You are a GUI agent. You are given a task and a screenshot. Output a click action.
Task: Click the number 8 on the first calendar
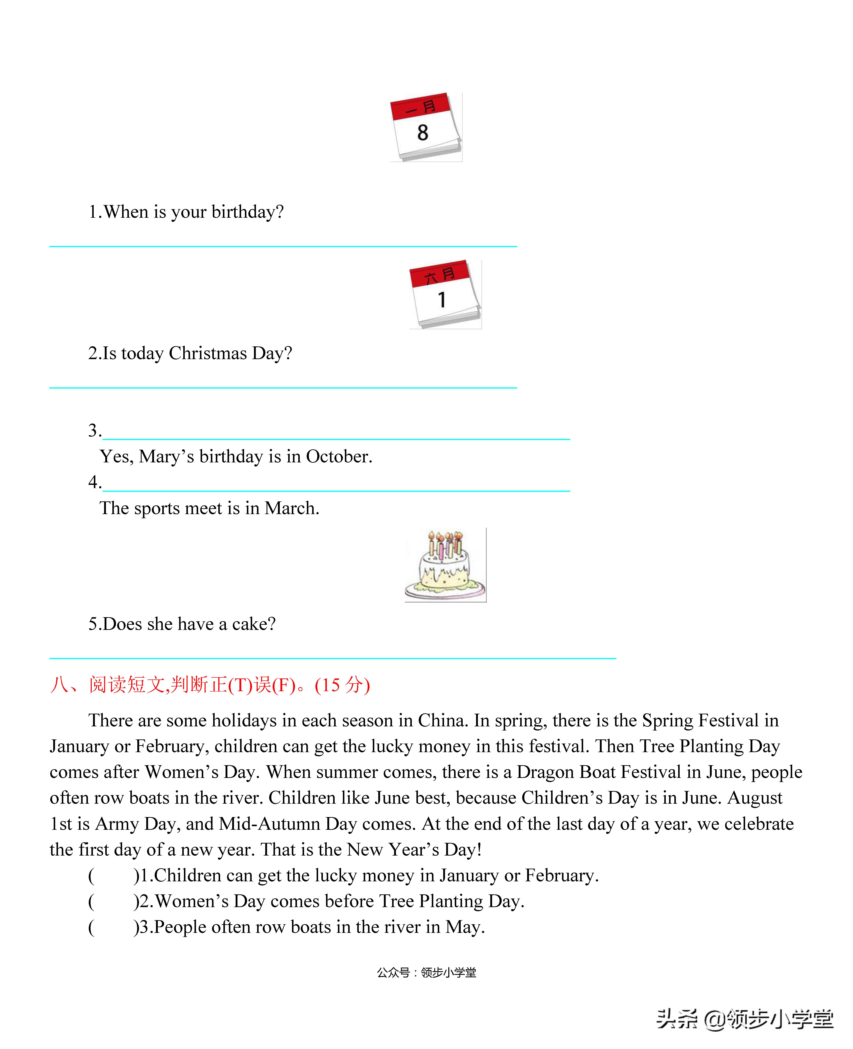(x=423, y=133)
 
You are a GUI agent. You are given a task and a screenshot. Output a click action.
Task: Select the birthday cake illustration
(x=445, y=565)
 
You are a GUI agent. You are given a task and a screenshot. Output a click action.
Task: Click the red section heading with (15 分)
(x=210, y=685)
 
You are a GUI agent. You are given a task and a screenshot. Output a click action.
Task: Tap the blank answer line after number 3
(x=336, y=432)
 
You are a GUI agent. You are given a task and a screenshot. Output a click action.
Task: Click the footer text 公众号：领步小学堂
(x=426, y=972)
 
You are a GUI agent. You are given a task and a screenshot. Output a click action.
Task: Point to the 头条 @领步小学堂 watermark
(x=745, y=1019)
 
